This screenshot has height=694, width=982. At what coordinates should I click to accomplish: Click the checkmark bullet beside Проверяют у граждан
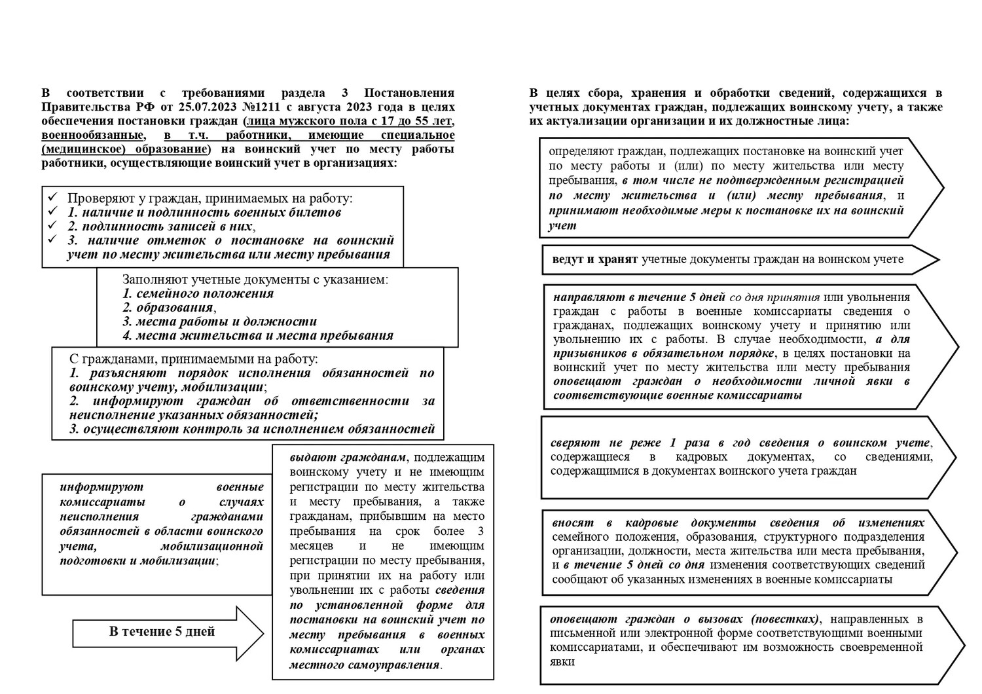tap(53, 197)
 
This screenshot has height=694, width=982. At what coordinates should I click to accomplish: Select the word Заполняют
tap(155, 280)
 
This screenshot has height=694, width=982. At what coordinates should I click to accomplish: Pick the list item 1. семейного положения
tap(198, 293)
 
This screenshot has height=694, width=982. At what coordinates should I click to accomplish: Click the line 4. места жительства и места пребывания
tap(258, 336)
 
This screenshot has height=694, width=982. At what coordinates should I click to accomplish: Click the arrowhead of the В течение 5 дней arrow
tap(252, 632)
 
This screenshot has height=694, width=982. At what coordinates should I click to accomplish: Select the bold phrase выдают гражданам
tap(347, 457)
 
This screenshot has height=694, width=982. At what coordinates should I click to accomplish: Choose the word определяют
tap(581, 151)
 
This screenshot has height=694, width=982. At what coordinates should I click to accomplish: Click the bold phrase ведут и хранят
tap(594, 259)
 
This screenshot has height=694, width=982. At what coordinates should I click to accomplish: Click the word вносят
tap(573, 522)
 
